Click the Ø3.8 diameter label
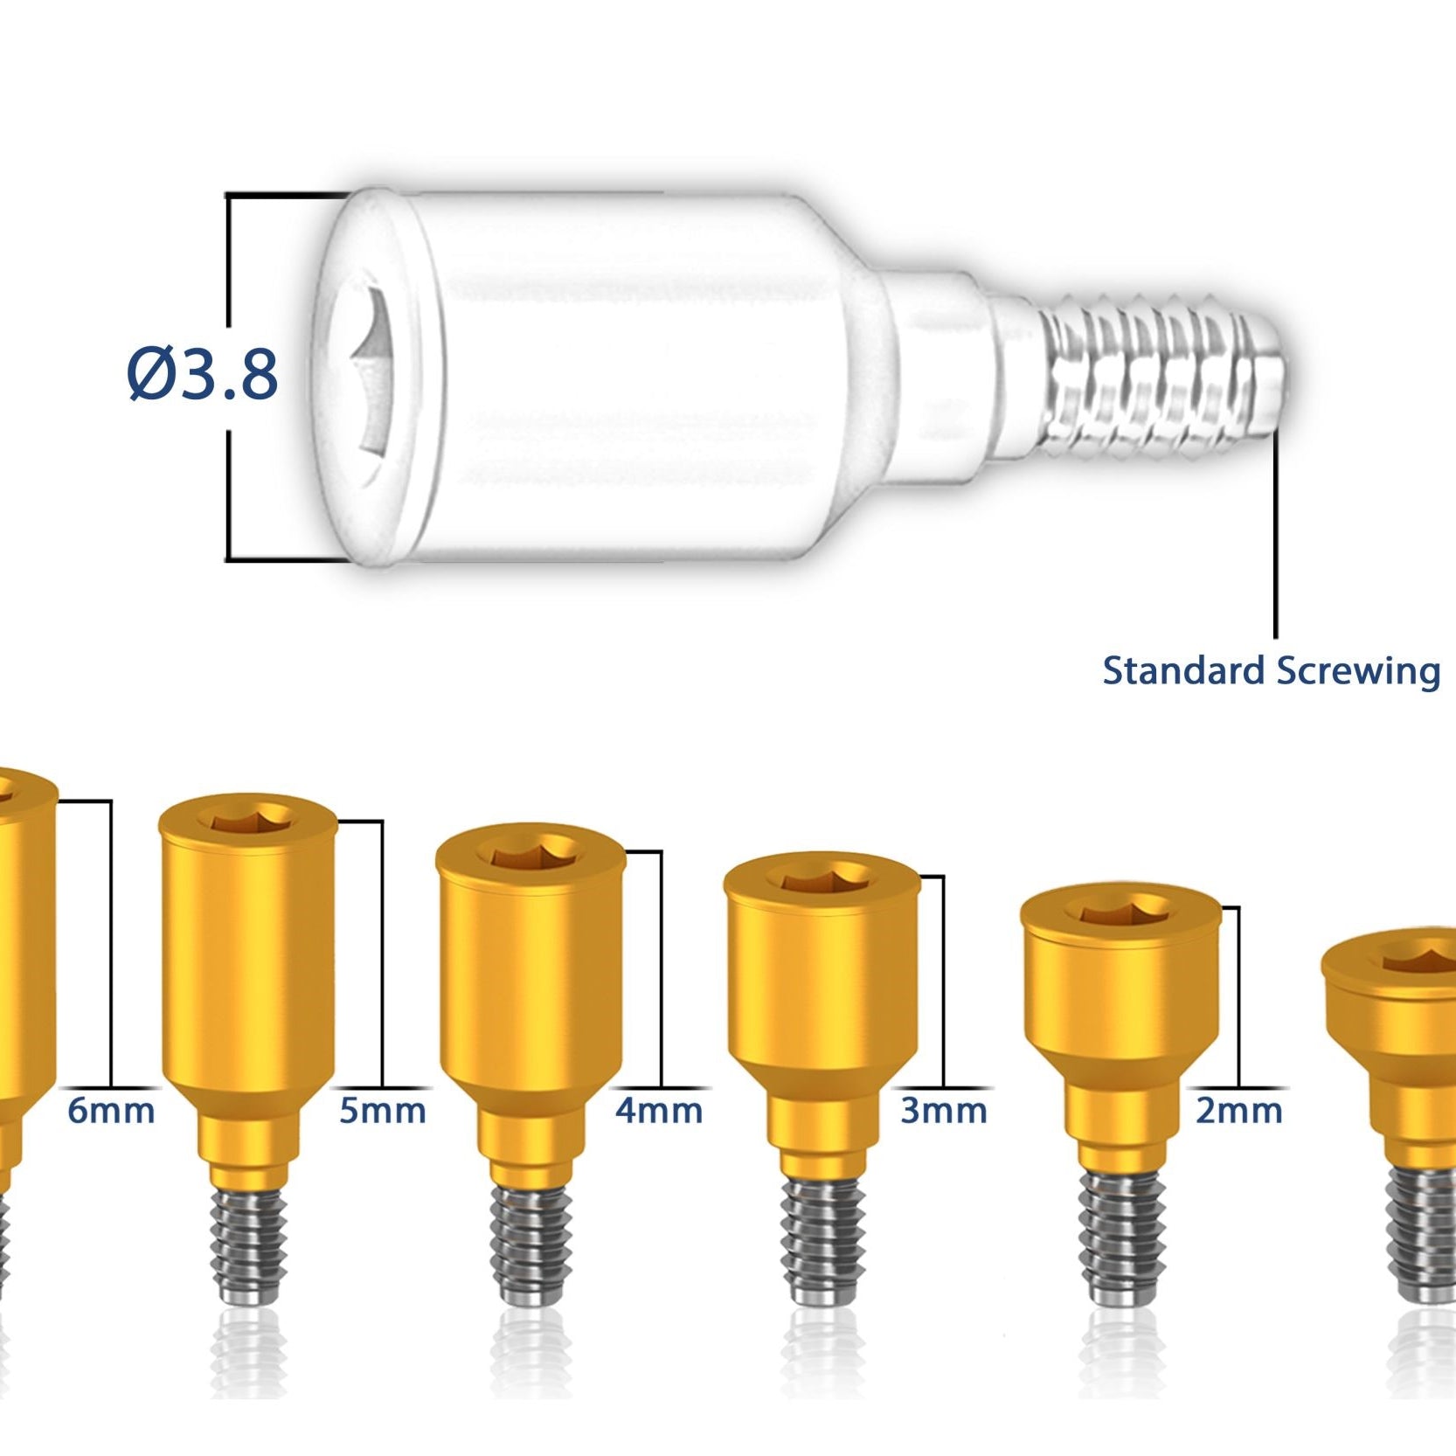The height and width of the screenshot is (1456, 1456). click(203, 374)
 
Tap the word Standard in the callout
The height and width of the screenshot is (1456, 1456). click(1183, 671)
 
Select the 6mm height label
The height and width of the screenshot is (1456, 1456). click(111, 1111)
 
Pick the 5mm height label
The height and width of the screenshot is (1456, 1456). click(383, 1111)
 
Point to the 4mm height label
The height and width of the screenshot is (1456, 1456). click(659, 1111)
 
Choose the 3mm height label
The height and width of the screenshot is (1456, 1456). click(944, 1111)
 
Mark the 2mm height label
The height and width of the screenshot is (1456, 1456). click(1239, 1111)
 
